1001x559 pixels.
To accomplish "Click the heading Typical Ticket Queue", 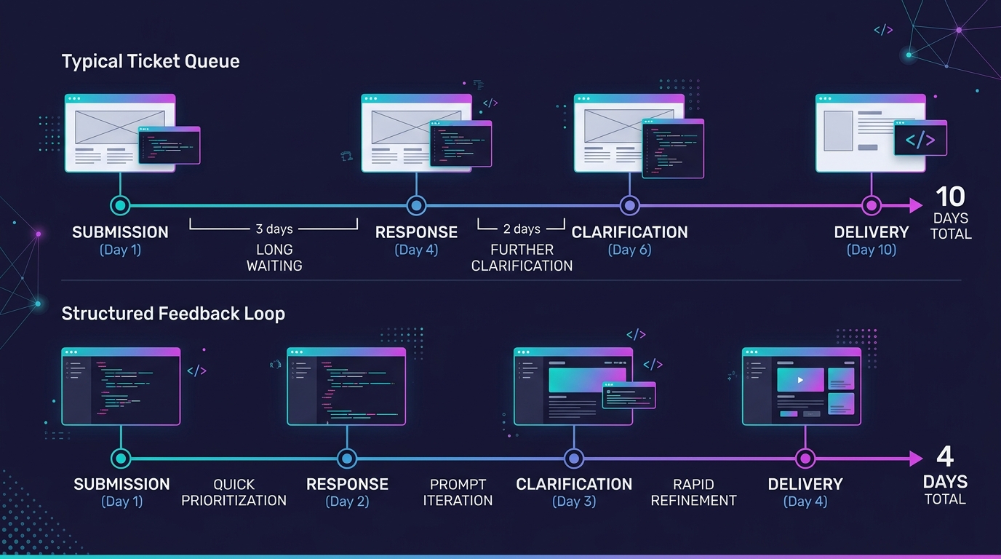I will (x=151, y=61).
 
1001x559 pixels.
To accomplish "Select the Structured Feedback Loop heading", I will (x=173, y=314).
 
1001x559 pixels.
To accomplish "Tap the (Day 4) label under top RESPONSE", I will (x=416, y=250).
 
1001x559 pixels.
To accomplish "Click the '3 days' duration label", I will (x=274, y=229).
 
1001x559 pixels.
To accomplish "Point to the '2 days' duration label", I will (x=522, y=229).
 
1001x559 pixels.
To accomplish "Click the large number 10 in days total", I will (x=950, y=197).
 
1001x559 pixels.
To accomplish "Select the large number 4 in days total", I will (x=945, y=457).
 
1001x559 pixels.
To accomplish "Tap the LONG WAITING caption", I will (x=274, y=258).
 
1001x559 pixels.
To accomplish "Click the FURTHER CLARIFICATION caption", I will (x=522, y=258).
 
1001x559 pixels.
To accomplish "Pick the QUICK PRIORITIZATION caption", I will (x=234, y=493).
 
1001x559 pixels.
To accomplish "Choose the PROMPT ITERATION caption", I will (x=458, y=493).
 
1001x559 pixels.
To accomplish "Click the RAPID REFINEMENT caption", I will (x=693, y=493).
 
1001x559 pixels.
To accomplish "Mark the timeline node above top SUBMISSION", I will (x=120, y=206).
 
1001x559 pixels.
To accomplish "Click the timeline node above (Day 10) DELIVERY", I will (x=871, y=206).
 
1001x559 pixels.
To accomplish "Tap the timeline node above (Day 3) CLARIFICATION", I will (x=574, y=459).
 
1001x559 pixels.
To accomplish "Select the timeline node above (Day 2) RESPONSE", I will (x=347, y=459).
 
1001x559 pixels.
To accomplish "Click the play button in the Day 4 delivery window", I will (x=800, y=380).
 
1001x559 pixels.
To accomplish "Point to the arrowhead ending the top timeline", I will (x=916, y=206).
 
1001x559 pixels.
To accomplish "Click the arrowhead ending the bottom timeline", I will (x=916, y=459).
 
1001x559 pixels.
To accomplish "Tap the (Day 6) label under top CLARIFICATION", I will (x=629, y=250).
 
